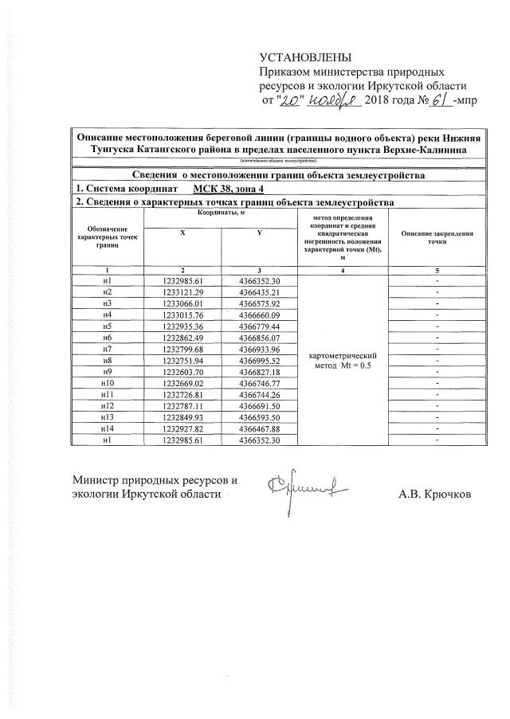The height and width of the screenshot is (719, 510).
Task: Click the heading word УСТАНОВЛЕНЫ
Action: pos(304,57)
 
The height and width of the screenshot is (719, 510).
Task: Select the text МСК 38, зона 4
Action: pos(228,189)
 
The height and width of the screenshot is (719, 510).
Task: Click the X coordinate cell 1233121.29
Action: pos(183,292)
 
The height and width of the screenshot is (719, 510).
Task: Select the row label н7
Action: pos(107,349)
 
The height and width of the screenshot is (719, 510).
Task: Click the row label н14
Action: pos(107,428)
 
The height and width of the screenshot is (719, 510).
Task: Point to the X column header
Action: pos(182,231)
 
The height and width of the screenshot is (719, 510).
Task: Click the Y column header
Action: pos(258,231)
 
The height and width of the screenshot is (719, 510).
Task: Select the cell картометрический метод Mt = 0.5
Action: pos(341,359)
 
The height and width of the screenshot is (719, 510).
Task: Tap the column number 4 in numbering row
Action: pos(341,270)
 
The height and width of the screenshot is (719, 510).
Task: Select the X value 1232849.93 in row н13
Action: pos(183,416)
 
